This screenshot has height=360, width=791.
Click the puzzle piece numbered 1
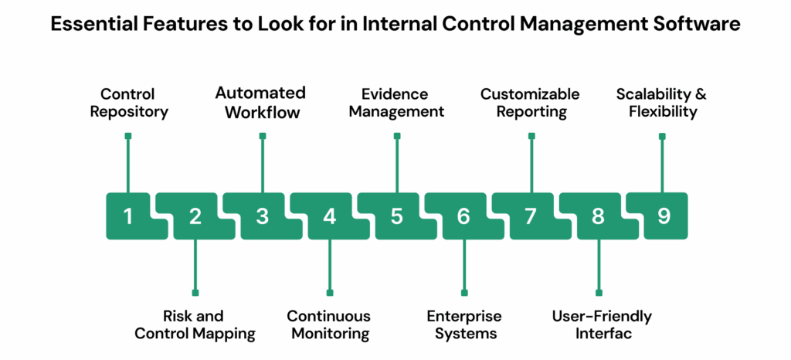(x=128, y=216)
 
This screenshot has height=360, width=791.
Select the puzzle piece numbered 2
(x=195, y=216)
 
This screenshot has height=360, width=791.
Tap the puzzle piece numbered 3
(x=263, y=216)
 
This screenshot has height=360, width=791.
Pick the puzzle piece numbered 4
(x=330, y=216)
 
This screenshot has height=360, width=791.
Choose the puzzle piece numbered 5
(x=396, y=216)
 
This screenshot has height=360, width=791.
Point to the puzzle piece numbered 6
(x=463, y=216)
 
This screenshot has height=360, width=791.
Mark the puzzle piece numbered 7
(x=531, y=216)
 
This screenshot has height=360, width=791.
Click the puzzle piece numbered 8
(x=598, y=216)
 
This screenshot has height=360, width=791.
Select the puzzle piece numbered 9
(x=664, y=216)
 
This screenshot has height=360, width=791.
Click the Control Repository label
(x=128, y=103)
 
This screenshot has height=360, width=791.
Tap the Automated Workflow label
(x=260, y=102)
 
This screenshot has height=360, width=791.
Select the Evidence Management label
(x=395, y=103)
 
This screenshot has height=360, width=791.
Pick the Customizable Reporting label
(x=529, y=103)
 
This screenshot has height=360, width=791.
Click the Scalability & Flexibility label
(x=661, y=103)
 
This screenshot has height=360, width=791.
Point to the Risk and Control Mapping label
(x=195, y=325)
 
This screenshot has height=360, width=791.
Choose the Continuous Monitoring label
(x=329, y=325)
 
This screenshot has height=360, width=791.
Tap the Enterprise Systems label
(x=463, y=325)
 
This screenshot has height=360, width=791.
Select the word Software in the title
(x=700, y=25)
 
